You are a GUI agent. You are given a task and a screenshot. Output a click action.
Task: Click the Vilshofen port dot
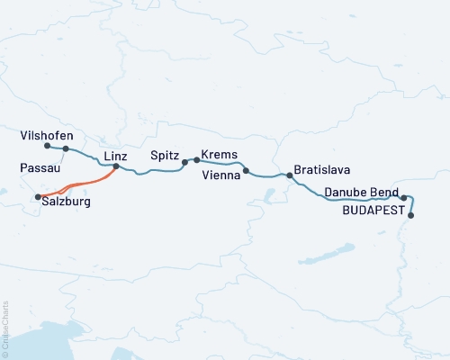point(46,145)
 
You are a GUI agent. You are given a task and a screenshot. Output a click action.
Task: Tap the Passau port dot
point(66,148)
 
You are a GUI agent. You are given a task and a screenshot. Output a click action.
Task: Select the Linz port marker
point(115,166)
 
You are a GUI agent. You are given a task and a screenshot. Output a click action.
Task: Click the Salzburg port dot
point(38,196)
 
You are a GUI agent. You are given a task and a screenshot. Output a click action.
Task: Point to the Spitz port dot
point(184,163)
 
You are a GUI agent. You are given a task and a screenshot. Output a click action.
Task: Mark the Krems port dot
point(196,159)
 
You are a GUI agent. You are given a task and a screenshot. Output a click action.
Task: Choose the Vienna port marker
point(246,169)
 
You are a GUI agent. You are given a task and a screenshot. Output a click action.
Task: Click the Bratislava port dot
point(289,175)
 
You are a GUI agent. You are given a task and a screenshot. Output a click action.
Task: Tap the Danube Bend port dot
point(404,197)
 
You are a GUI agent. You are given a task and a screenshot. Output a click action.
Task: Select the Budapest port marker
point(411,215)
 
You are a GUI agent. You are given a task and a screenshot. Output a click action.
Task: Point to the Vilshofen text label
point(46,135)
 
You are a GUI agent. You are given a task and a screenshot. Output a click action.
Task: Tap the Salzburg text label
point(66,203)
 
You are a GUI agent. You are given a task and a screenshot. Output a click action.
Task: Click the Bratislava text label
point(321,169)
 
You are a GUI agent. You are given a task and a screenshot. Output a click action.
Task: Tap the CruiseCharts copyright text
point(6,328)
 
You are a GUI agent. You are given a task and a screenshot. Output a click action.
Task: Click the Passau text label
point(38,168)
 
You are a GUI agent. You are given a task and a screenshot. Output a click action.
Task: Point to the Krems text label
point(220,154)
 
